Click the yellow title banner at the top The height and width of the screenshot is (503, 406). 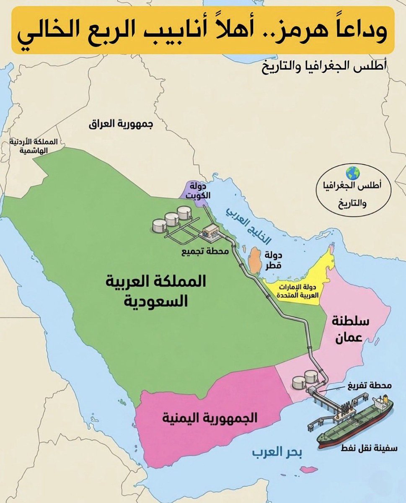click(203, 30)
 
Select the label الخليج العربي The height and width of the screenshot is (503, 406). click(248, 226)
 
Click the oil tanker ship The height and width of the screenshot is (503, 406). click(356, 423)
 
